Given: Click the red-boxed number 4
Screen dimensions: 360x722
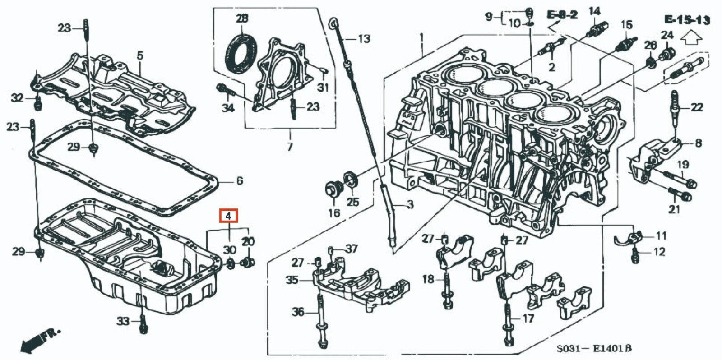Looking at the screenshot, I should pos(228,216).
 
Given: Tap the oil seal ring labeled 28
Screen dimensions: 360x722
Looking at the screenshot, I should pos(241,52).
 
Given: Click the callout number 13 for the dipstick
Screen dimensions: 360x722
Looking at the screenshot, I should pos(363,39).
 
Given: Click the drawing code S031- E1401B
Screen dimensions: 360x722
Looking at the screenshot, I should pos(593,349).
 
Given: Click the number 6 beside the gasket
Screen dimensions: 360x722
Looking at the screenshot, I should pos(239,181).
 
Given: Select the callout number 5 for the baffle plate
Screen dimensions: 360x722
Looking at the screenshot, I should pos(140,56).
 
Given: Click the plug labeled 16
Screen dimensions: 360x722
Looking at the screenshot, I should pos(333,189).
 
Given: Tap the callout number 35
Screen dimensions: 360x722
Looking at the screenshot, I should pos(292,280).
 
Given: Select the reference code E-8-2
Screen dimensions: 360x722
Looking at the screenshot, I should pos(562,16).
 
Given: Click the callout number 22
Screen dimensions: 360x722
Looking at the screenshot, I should pos(697,107).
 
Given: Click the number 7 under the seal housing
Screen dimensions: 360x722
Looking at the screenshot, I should pos(290,147).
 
